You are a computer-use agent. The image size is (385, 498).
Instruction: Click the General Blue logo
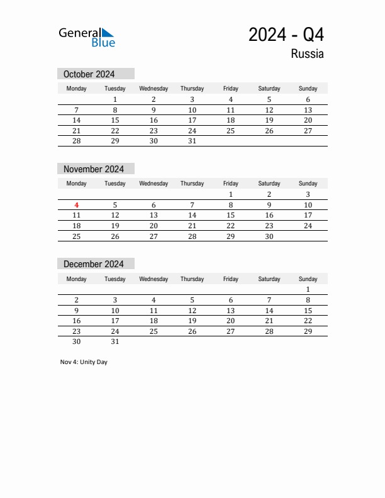87,37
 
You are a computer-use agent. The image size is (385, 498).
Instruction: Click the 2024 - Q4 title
286,35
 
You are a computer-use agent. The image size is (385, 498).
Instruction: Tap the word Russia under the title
307,54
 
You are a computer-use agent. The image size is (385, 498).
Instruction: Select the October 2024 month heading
89,74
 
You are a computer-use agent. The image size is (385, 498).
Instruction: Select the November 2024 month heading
94,169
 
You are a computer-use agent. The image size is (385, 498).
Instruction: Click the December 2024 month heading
94,264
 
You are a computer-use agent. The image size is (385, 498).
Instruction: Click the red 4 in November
77,205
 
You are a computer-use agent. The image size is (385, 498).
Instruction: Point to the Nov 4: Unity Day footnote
84,362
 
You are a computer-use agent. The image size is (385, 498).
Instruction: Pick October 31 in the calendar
192,141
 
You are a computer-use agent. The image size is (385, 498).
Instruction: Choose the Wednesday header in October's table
153,89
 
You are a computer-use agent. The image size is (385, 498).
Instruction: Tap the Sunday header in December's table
308,279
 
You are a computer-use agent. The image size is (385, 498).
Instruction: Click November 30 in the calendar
269,236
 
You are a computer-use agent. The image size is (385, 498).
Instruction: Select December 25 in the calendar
153,331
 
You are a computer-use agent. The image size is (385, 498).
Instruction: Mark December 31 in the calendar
115,342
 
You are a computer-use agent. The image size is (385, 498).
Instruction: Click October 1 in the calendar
115,99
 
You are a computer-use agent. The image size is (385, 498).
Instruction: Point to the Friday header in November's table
231,184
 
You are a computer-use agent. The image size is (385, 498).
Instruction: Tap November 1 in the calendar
231,194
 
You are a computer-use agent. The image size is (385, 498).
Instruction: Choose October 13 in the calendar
308,110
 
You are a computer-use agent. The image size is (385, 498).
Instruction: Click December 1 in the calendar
308,290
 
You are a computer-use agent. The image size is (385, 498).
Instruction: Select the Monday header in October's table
77,89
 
